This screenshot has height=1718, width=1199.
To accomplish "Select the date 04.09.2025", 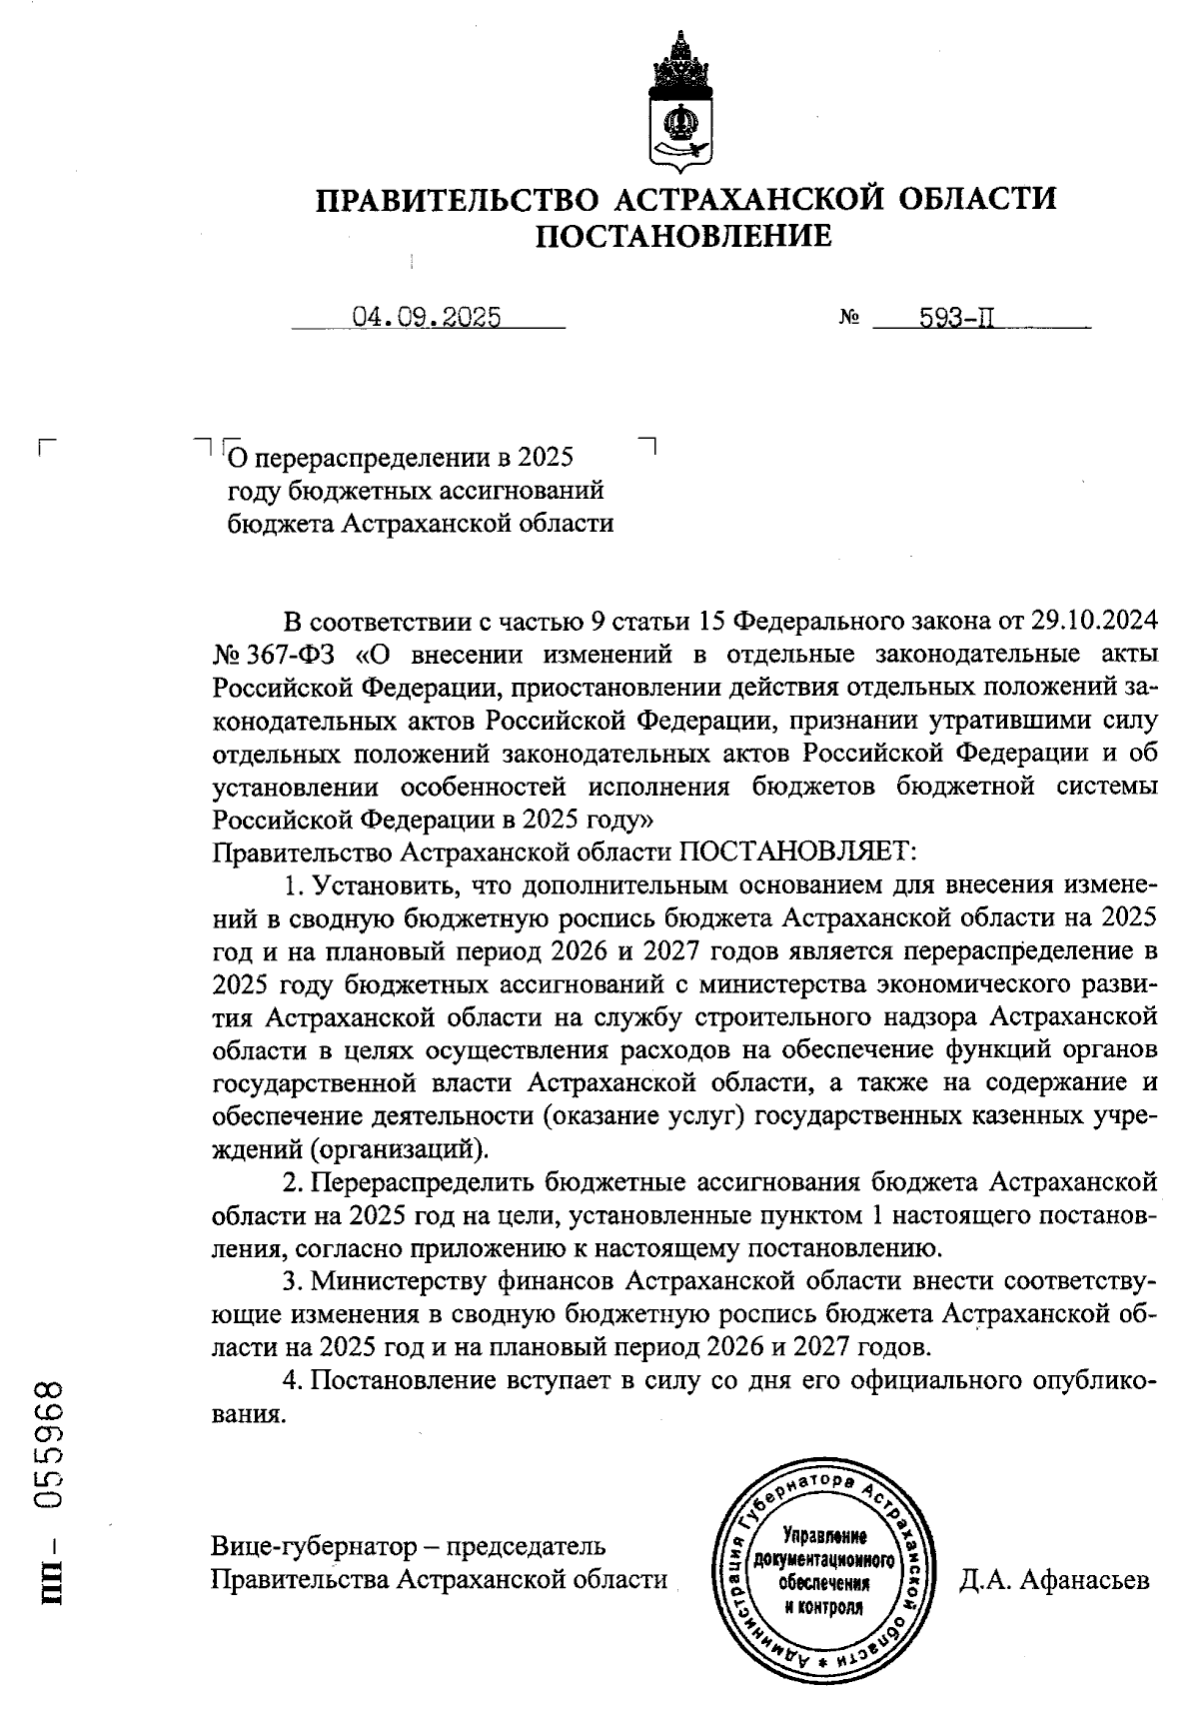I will pyautogui.click(x=427, y=318).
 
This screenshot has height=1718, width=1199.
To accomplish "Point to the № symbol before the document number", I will pyautogui.click(x=850, y=319).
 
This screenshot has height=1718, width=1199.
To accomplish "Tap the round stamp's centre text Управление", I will pyautogui.click(x=825, y=1534).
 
